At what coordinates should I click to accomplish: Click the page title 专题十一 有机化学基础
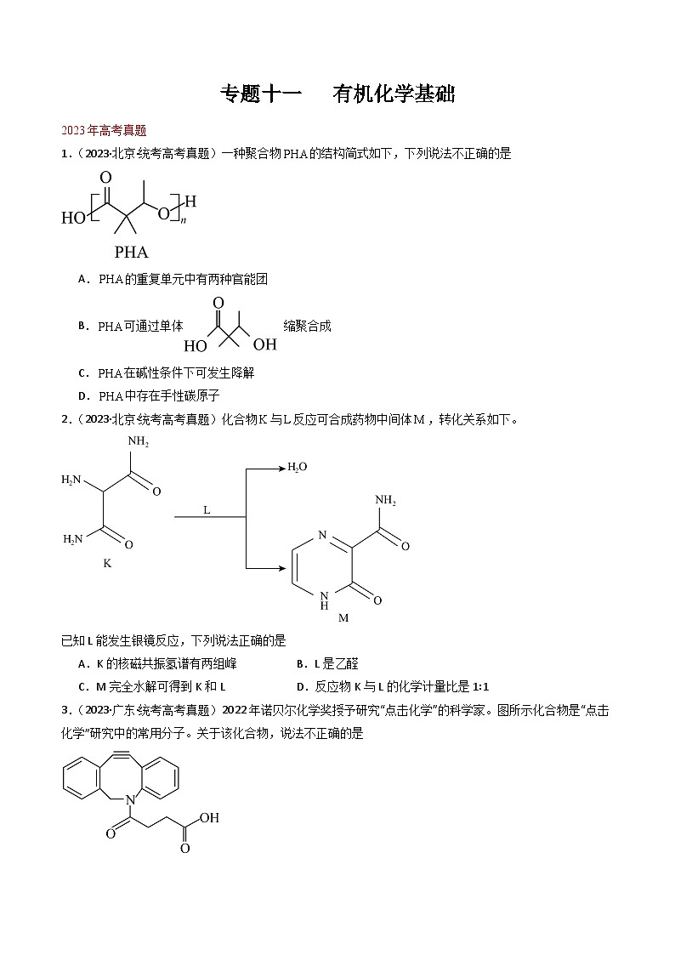(x=337, y=94)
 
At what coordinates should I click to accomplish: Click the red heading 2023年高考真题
(x=105, y=130)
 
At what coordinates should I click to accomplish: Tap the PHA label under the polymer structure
(x=131, y=252)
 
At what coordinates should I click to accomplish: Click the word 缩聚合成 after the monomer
(x=307, y=326)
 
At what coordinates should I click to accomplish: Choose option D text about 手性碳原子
(x=160, y=395)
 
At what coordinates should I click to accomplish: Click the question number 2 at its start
(x=65, y=418)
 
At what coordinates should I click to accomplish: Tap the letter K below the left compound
(x=107, y=562)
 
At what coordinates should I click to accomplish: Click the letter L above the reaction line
(x=207, y=509)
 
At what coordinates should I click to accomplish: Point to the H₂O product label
(x=298, y=466)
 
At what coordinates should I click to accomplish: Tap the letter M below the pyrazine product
(x=343, y=618)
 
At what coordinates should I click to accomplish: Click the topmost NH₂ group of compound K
(x=139, y=441)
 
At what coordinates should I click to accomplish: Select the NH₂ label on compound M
(x=385, y=500)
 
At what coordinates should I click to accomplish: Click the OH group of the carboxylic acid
(x=209, y=818)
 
